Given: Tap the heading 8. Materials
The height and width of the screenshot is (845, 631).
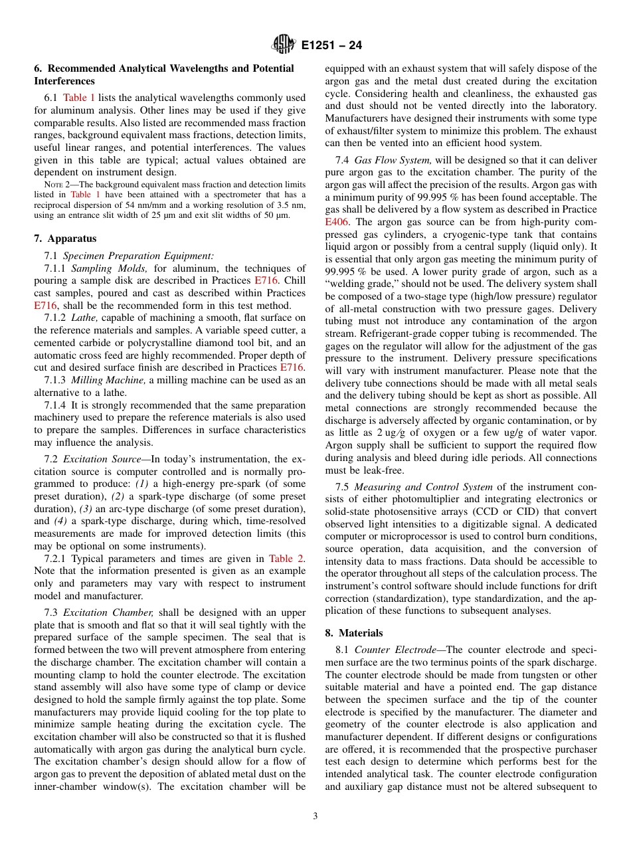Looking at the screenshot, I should (x=353, y=633).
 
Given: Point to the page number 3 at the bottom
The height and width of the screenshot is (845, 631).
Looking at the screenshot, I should (x=315, y=816).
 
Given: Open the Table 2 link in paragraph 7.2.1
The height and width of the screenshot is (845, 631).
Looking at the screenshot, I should (x=286, y=559).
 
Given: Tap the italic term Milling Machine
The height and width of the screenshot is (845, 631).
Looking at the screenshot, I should (x=108, y=380).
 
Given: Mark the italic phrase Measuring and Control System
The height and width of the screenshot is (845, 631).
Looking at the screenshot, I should (x=424, y=487).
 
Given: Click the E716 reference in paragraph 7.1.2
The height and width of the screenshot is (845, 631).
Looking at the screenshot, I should (x=292, y=367).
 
